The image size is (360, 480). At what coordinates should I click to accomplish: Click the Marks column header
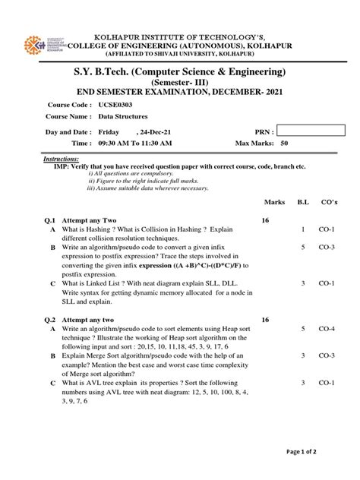click(274, 202)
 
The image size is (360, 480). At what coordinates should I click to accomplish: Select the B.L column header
click(302, 202)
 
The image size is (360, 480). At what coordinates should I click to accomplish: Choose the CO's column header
click(327, 202)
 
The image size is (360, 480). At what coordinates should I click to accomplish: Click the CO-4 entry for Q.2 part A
click(327, 329)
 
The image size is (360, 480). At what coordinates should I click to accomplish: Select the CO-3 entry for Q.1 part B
click(327, 247)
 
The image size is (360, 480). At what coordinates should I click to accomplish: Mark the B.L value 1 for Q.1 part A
click(302, 229)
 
